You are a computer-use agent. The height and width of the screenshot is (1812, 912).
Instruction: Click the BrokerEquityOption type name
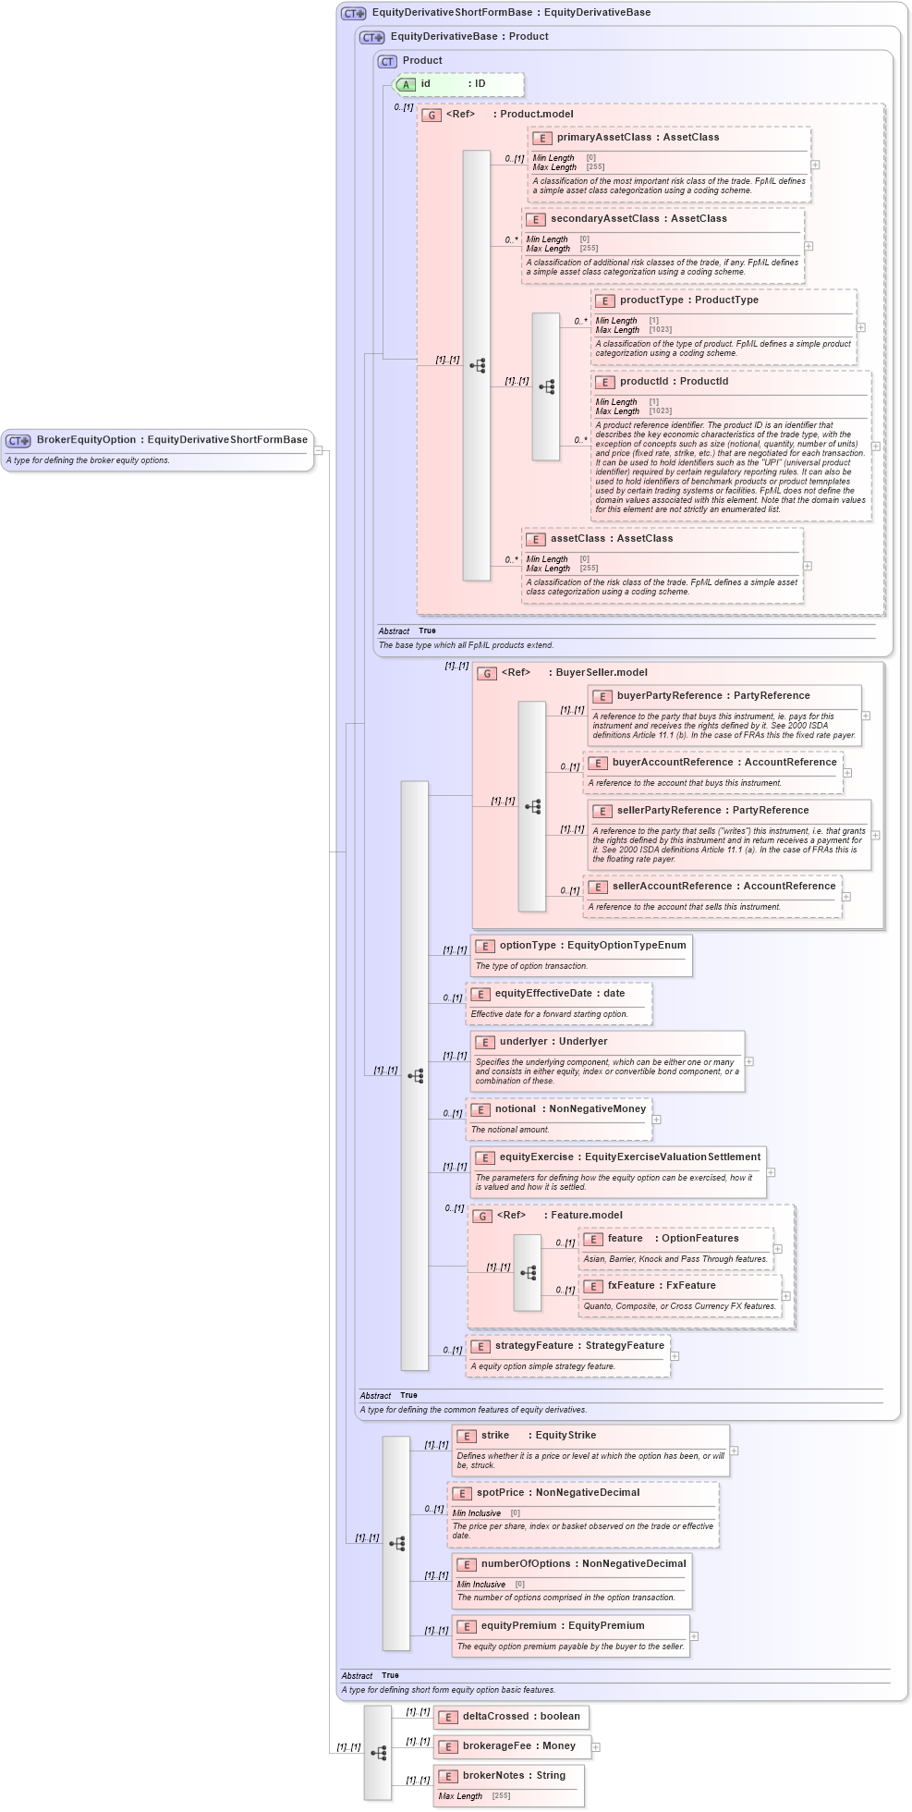pyautogui.click(x=86, y=440)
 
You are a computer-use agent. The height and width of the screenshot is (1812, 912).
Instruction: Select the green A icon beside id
pyautogui.click(x=406, y=84)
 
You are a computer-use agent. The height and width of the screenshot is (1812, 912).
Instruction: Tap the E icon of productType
pyautogui.click(x=604, y=300)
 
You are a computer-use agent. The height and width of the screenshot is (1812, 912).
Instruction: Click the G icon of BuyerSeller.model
pyautogui.click(x=487, y=673)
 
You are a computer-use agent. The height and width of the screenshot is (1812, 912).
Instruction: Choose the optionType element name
pyautogui.click(x=528, y=945)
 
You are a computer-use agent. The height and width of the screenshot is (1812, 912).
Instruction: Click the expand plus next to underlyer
pyautogui.click(x=748, y=1061)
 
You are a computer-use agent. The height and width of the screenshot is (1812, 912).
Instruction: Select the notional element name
pyautogui.click(x=515, y=1108)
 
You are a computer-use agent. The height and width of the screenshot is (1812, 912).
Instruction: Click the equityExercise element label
pyautogui.click(x=536, y=1157)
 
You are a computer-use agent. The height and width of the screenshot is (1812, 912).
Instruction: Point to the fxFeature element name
pyautogui.click(x=631, y=1285)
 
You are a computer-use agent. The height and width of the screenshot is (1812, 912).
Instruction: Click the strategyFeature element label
pyautogui.click(x=534, y=1345)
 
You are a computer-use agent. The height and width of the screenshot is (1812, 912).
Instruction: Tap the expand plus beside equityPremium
pyautogui.click(x=694, y=1635)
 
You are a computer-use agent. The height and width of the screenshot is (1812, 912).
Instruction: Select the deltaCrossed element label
pyautogui.click(x=496, y=1716)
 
